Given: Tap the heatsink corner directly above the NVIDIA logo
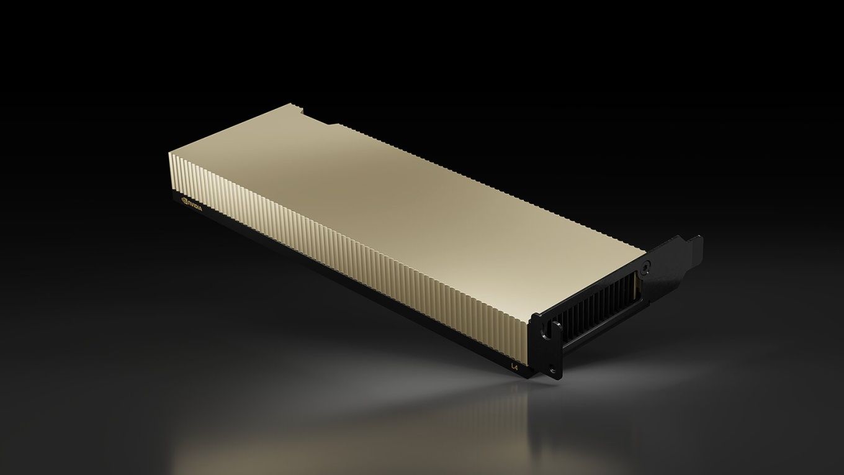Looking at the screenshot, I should [x=170, y=151].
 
